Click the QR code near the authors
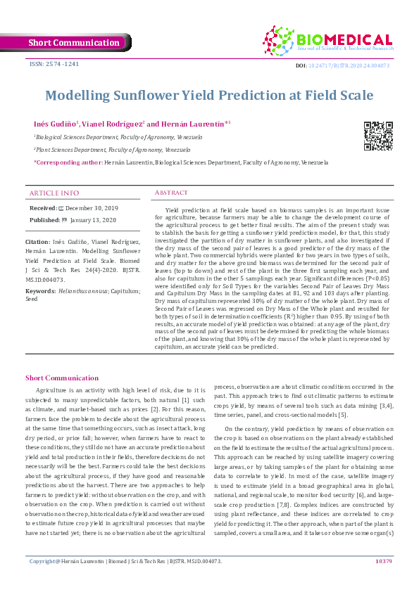click(x=377, y=136)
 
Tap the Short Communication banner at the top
click(x=74, y=43)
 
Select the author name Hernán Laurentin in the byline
click(x=196, y=124)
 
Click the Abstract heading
click(x=172, y=193)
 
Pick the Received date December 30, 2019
click(x=92, y=209)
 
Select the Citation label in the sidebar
click(x=42, y=240)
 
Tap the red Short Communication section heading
click(x=61, y=378)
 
